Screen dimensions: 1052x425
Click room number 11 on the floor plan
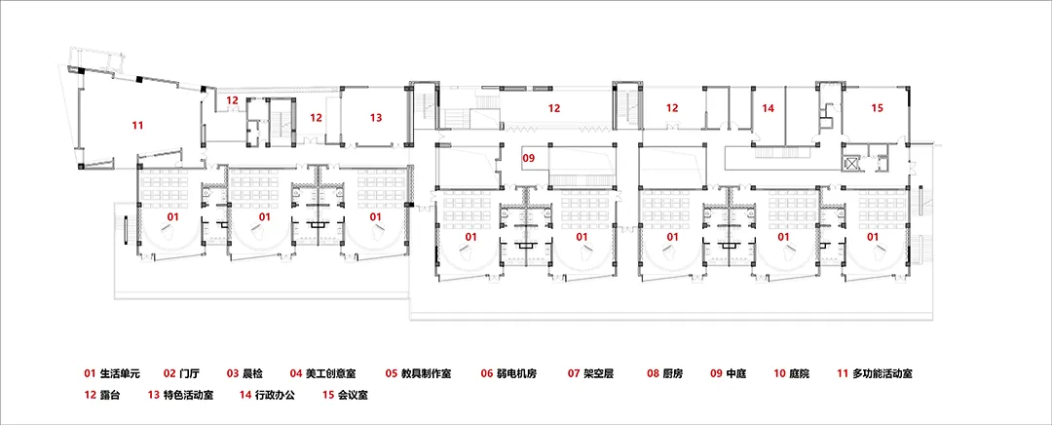pos(137,125)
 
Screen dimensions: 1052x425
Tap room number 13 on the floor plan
pos(376,118)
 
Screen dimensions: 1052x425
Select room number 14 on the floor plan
pos(769,107)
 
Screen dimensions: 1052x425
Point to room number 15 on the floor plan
pos(877,107)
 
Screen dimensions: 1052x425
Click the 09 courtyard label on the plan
pos(529,159)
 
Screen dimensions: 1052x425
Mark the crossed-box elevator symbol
pos(852,163)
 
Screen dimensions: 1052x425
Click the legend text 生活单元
pos(120,373)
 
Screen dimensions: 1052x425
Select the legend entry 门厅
pos(191,373)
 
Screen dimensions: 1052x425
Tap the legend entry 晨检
pos(253,373)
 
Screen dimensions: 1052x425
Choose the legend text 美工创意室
pos(330,373)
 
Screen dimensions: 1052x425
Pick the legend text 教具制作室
pos(426,373)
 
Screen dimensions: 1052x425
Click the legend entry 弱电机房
pos(516,373)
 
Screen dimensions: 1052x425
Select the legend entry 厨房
pos(673,373)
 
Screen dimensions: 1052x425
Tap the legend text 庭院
pos(800,373)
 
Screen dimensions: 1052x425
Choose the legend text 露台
pos(110,395)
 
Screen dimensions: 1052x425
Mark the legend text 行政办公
pos(275,395)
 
